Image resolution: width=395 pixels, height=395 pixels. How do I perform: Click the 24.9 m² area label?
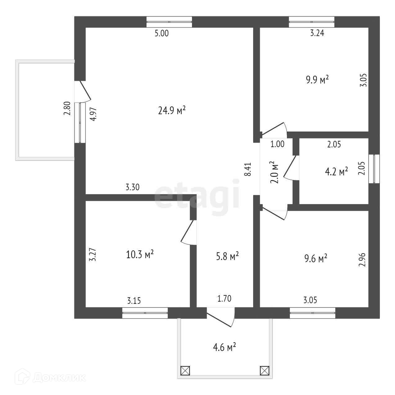click(x=172, y=110)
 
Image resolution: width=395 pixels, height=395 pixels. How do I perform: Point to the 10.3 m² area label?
click(x=140, y=255)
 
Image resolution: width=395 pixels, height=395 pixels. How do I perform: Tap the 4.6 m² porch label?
click(x=224, y=347)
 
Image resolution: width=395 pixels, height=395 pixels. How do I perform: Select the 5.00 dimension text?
click(x=162, y=34)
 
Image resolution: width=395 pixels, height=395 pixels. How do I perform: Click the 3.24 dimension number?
click(x=317, y=34)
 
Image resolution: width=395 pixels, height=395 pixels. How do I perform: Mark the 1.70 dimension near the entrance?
click(x=224, y=299)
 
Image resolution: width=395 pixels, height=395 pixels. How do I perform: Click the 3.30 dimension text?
click(x=132, y=187)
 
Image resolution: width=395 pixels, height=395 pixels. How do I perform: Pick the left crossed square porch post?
click(x=185, y=370)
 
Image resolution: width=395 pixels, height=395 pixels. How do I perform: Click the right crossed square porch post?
click(x=264, y=370)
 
